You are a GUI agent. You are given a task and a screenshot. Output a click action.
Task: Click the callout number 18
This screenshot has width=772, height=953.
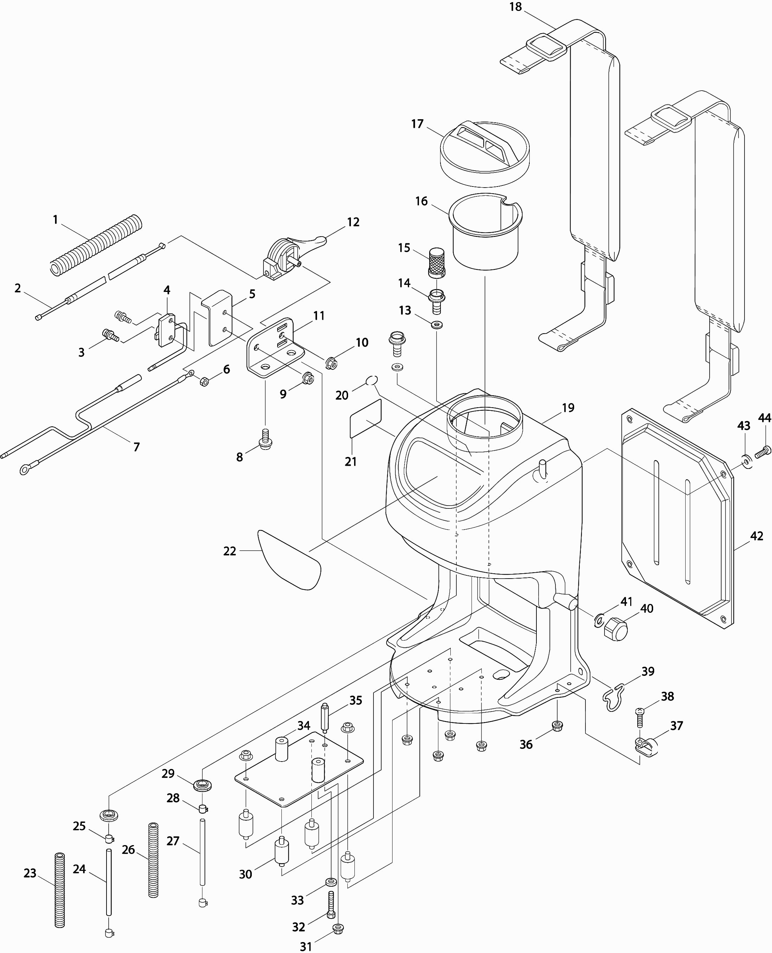515,7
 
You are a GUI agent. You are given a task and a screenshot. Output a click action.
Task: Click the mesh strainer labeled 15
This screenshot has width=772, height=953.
436,263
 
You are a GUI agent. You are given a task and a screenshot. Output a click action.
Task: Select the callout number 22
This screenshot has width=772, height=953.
230,551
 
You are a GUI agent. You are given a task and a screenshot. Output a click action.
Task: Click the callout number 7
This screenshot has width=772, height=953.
136,447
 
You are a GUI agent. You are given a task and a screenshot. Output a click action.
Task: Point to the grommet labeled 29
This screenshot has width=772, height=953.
202,784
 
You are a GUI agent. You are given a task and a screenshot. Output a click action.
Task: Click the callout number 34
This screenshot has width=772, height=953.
304,726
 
